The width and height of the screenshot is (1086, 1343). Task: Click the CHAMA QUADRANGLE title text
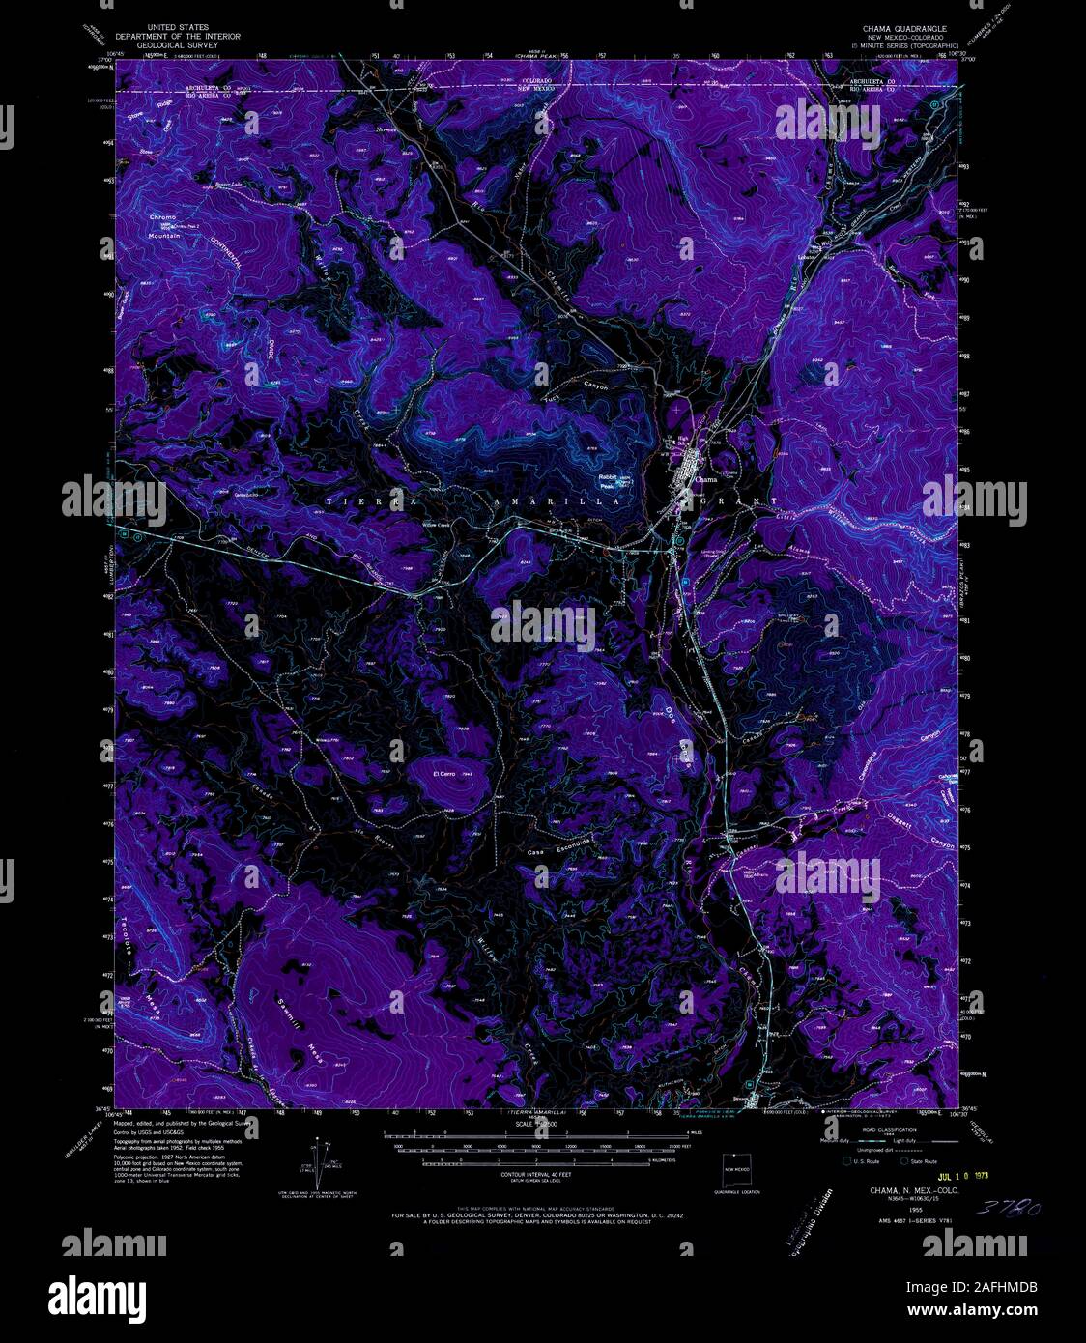(884, 30)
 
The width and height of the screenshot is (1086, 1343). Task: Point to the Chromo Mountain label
(163, 226)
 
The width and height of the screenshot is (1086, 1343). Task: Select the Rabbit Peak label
(608, 480)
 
